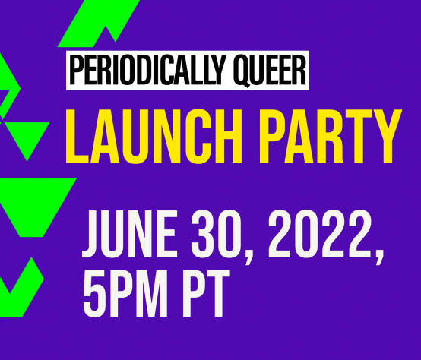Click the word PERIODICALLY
pyautogui.click(x=147, y=70)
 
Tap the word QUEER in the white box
pyautogui.click(x=270, y=71)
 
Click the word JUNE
pyautogui.click(x=129, y=234)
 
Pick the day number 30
pyautogui.click(x=216, y=234)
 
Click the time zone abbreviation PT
pyautogui.click(x=204, y=293)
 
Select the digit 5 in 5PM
pyautogui.click(x=93, y=293)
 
